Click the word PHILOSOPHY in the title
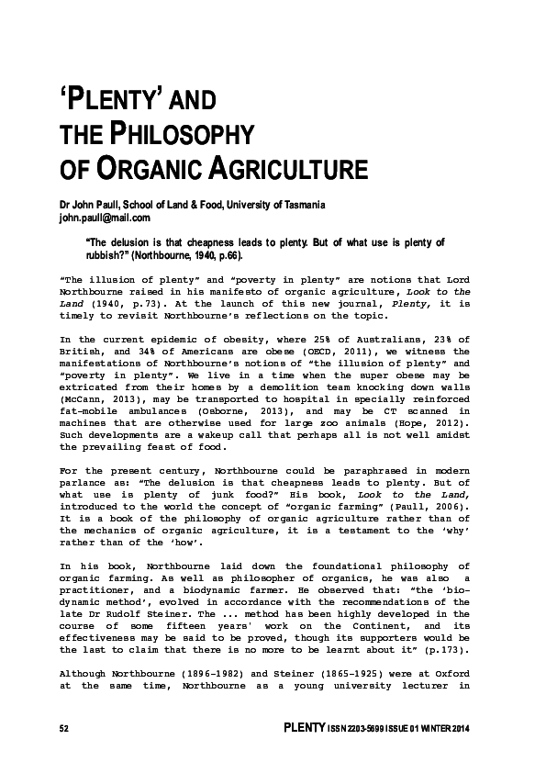[x=181, y=135]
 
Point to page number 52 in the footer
[x=64, y=729]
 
